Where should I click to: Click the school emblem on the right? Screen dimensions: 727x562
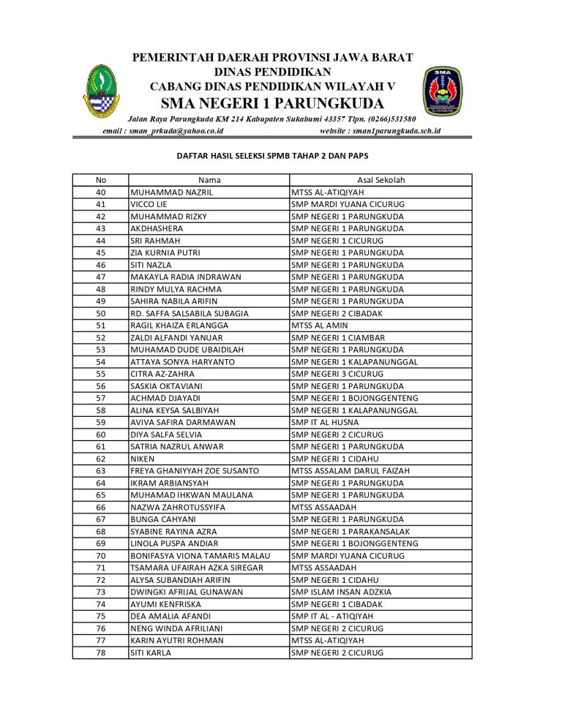pos(442,92)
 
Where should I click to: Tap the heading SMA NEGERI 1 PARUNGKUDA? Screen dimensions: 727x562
pos(272,101)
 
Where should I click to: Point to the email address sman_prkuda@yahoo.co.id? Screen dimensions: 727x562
pos(162,131)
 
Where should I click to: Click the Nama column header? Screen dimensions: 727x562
pos(209,180)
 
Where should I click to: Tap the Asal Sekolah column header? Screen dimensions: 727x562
pos(381,180)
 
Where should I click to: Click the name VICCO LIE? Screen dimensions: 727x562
pos(149,204)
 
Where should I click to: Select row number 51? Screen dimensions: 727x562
pos(101,325)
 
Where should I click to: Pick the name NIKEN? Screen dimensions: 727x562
pos(142,459)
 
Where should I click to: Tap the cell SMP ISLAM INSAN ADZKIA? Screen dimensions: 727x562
pos(341,592)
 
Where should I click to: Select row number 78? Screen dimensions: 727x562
pos(101,652)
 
